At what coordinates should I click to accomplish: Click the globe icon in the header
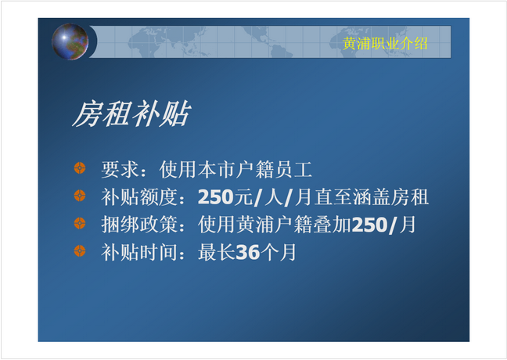[x=70, y=41]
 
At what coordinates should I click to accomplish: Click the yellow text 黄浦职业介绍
[x=385, y=43]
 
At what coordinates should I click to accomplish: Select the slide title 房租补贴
[x=131, y=113]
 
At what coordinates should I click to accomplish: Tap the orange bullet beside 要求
[x=80, y=168]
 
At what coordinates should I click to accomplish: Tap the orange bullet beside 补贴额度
[x=80, y=196]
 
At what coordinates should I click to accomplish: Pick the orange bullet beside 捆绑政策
[x=80, y=224]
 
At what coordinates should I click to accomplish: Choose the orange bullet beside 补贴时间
[x=80, y=251]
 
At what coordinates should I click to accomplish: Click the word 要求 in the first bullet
[x=120, y=169]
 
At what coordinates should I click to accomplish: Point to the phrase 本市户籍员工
[x=255, y=169]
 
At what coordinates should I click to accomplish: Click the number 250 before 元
[x=216, y=197]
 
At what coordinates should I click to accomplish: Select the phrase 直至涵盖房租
[x=372, y=197]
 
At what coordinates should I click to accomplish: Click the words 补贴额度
[x=139, y=197]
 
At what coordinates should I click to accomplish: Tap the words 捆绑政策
[x=139, y=225]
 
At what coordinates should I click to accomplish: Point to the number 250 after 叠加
[x=369, y=225]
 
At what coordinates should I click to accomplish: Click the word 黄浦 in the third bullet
[x=255, y=225]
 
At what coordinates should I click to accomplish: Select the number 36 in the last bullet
[x=248, y=252]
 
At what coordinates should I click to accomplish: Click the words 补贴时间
[x=139, y=252]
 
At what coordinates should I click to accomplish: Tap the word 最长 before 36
[x=217, y=252]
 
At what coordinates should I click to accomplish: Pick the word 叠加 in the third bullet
[x=333, y=225]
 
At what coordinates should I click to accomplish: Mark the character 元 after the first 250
[x=243, y=197]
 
